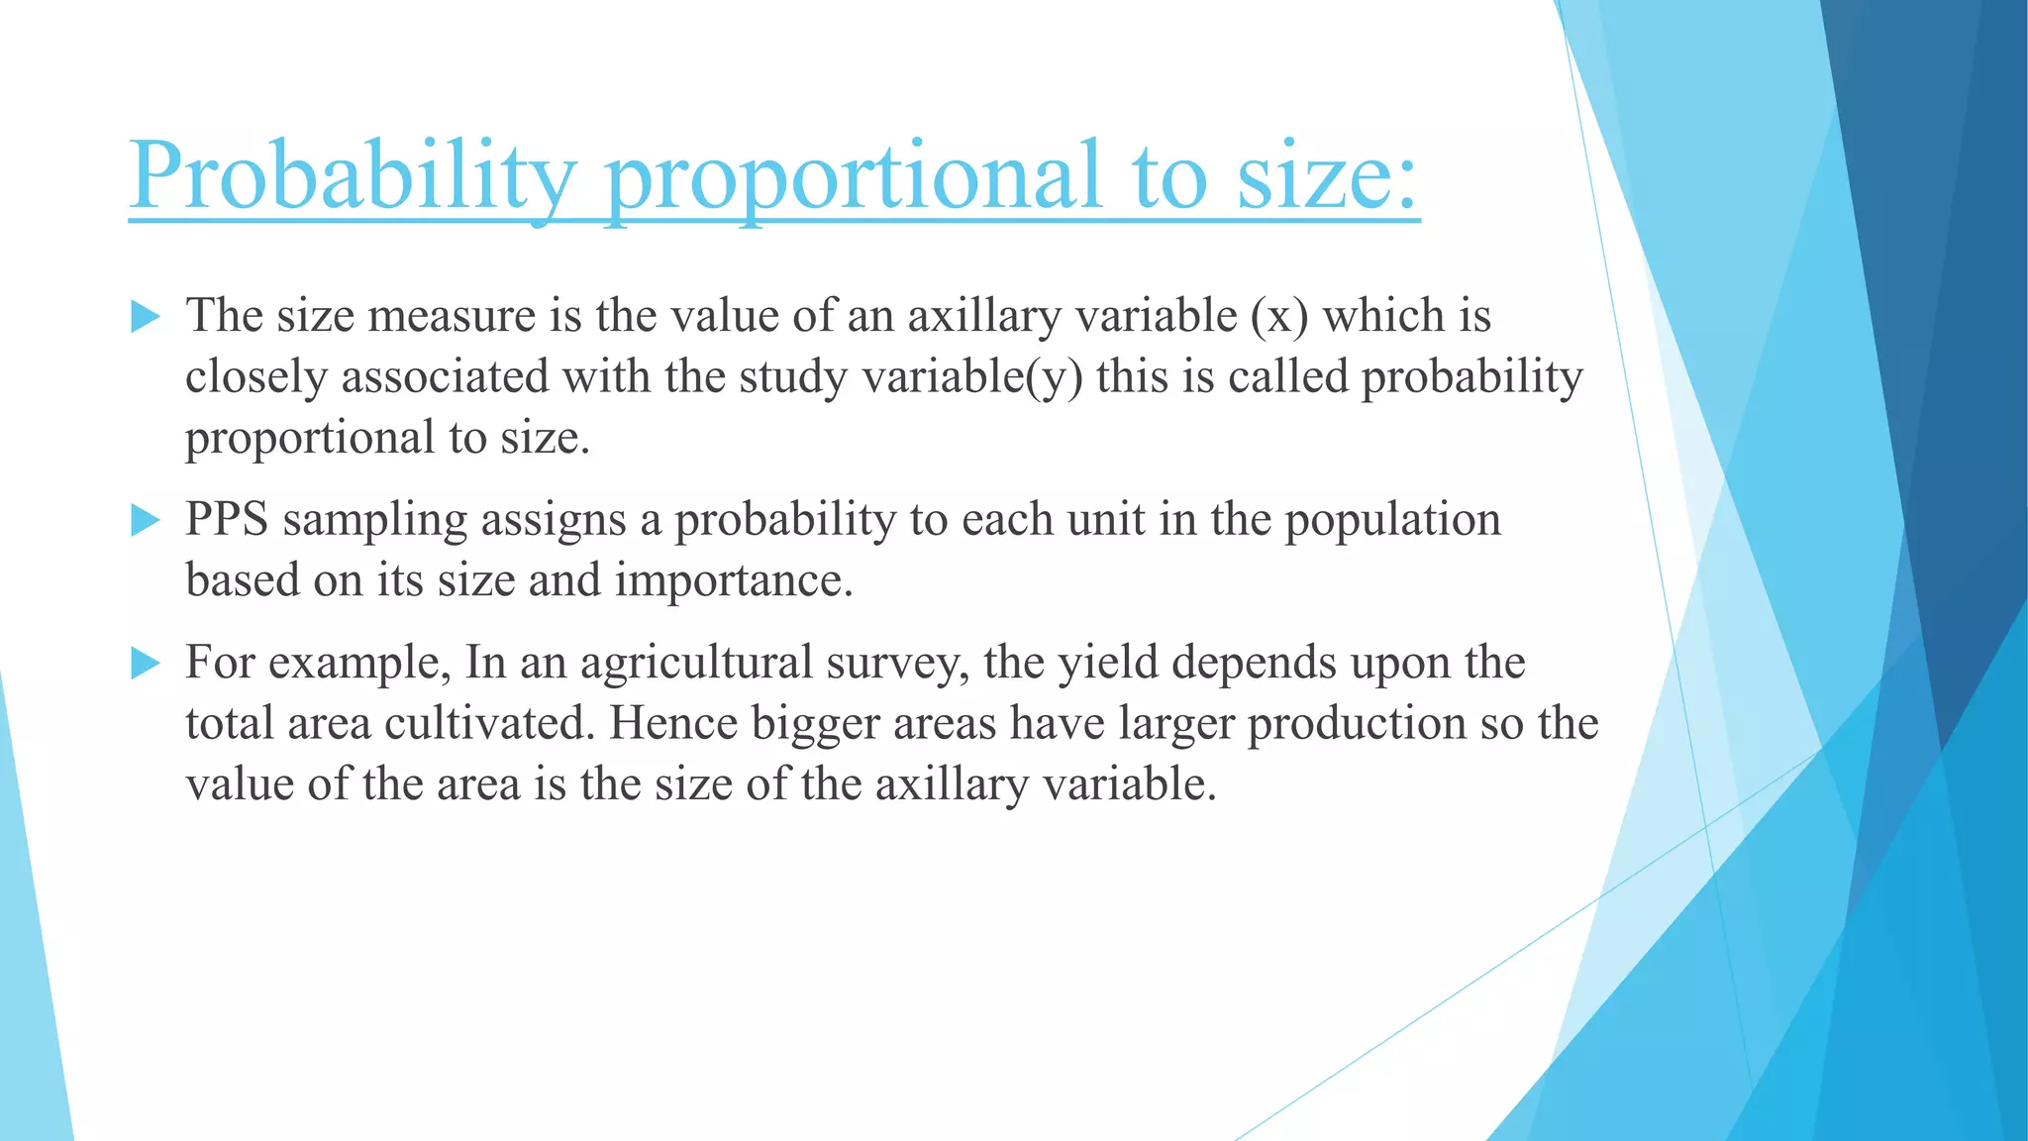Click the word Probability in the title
(352, 176)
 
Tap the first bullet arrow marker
(145, 318)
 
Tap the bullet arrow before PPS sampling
(145, 520)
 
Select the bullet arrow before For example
(145, 664)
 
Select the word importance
(733, 580)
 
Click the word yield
(1108, 663)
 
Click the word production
(1357, 725)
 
